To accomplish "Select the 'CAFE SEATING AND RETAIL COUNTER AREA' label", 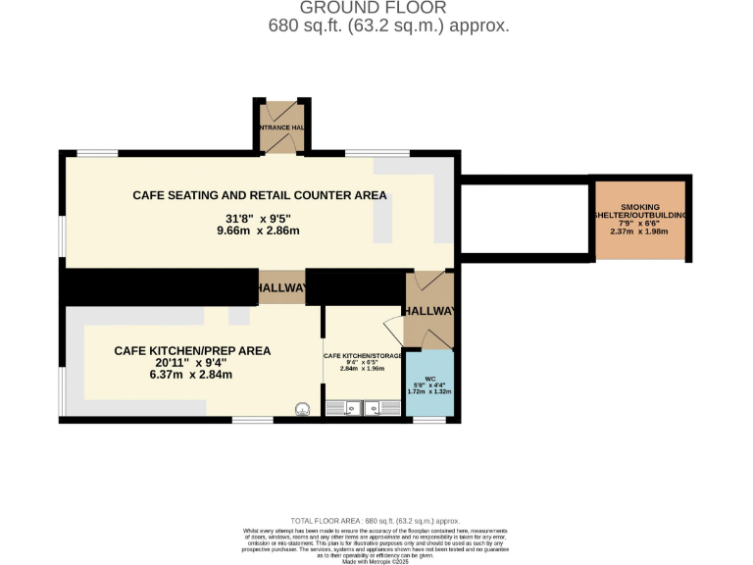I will (x=259, y=195).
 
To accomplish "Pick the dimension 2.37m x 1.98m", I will (x=641, y=232).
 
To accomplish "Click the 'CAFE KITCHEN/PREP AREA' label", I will (x=192, y=350).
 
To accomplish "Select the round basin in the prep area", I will (x=303, y=410).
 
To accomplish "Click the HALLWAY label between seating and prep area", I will (x=281, y=288).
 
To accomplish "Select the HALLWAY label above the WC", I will (x=430, y=311).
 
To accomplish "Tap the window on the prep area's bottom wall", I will (x=252, y=420).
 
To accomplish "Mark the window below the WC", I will (x=429, y=420).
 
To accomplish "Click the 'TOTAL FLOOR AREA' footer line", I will (x=376, y=521).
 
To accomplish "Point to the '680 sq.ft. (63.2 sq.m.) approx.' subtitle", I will (x=388, y=26).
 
